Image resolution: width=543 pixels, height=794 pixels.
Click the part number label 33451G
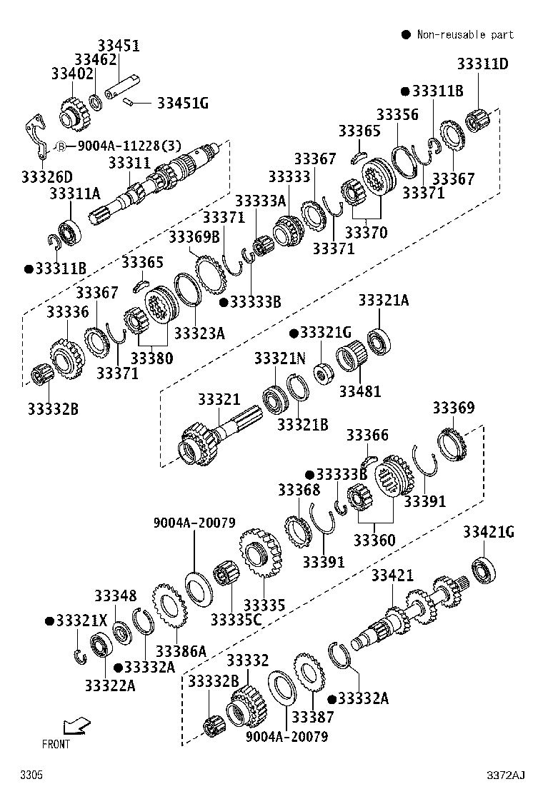point(182,104)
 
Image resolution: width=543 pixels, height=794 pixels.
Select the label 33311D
point(482,64)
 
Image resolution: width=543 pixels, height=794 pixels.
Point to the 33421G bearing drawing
point(484,570)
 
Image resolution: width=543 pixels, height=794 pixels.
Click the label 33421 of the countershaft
point(392,576)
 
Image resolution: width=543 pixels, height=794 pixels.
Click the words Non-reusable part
point(465,34)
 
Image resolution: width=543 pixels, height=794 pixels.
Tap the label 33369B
point(194,236)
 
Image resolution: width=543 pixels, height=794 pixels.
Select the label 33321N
point(279,358)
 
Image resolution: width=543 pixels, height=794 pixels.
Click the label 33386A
point(181,651)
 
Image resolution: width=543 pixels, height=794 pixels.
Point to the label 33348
point(116,596)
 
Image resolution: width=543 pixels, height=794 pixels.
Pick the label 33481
point(359,391)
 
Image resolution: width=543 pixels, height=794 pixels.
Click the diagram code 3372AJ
point(506,775)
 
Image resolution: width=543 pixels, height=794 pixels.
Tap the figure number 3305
point(31,775)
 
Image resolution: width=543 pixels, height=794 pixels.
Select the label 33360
point(374,541)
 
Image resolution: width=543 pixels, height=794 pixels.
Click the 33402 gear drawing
point(74,114)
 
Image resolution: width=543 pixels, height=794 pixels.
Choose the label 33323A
point(199,333)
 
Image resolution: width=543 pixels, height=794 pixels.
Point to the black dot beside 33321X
point(49,620)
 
